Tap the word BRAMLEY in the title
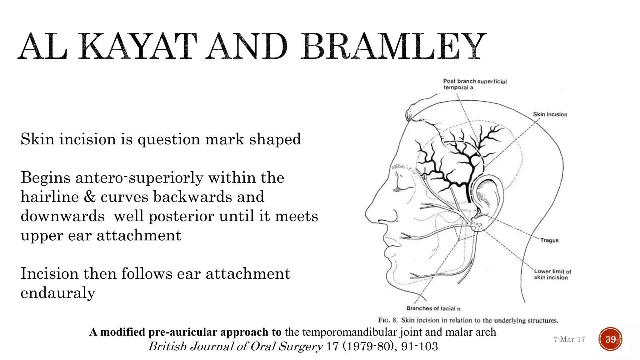click(x=393, y=47)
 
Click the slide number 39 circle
click(x=610, y=339)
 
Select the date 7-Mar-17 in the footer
click(x=569, y=339)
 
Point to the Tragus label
click(x=549, y=240)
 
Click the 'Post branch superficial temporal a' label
click(x=474, y=84)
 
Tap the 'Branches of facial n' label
click(x=433, y=308)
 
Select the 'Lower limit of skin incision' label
click(x=552, y=274)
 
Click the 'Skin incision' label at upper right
click(x=550, y=114)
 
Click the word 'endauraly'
click(x=58, y=293)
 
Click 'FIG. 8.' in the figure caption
click(x=387, y=320)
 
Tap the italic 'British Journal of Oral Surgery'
click(x=235, y=346)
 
